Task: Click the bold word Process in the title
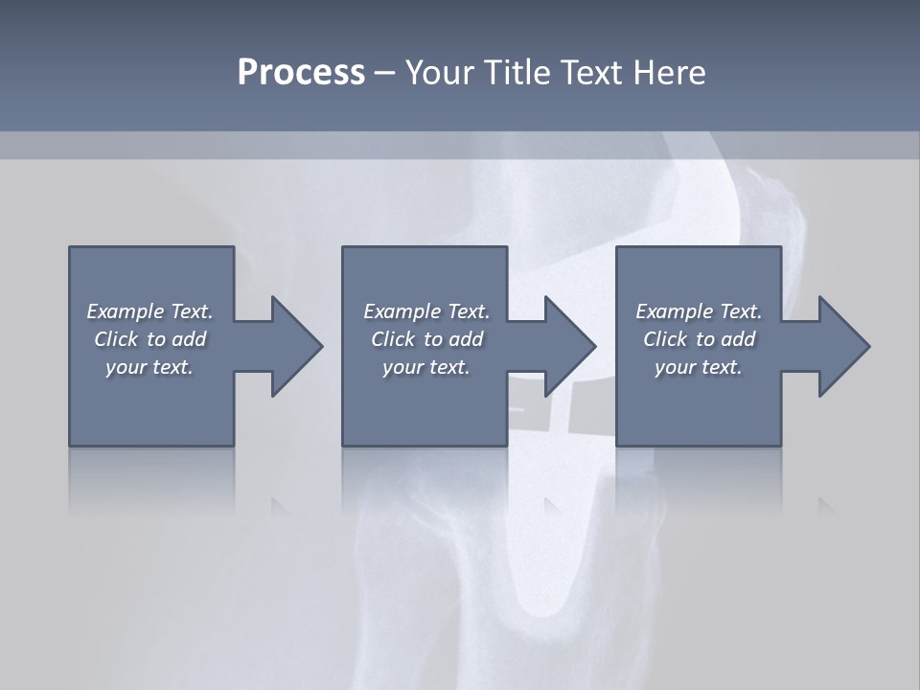301,73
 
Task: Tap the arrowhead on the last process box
843,346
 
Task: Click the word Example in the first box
126,311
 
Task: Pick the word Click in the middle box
392,339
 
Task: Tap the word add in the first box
190,339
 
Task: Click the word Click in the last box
664,339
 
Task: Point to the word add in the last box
739,339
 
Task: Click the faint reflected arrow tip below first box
282,506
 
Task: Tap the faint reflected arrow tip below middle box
555,506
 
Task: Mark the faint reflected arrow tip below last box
828,506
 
